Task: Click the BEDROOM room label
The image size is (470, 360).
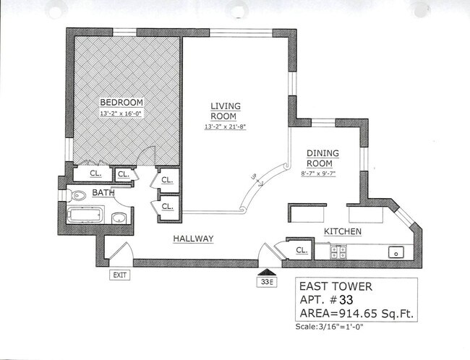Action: tap(121, 102)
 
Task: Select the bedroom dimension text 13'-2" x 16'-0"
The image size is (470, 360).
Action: tap(121, 113)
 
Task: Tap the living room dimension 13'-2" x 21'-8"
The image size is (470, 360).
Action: tap(225, 127)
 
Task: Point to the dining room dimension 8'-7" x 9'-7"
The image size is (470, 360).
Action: tap(319, 173)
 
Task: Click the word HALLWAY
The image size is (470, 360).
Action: tap(192, 239)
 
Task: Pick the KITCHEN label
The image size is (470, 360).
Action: tap(342, 231)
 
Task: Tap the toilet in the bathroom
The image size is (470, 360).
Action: tap(80, 194)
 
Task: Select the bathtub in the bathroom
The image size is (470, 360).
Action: tap(86, 215)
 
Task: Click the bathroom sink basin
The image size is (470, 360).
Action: tap(119, 218)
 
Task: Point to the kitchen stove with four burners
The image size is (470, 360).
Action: tap(338, 252)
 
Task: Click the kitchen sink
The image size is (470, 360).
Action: tap(395, 252)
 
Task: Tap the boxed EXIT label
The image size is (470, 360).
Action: tap(120, 275)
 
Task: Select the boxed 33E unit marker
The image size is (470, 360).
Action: tap(266, 281)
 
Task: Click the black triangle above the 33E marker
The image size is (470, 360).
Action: tap(266, 271)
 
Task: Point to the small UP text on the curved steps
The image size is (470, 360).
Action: tap(252, 176)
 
